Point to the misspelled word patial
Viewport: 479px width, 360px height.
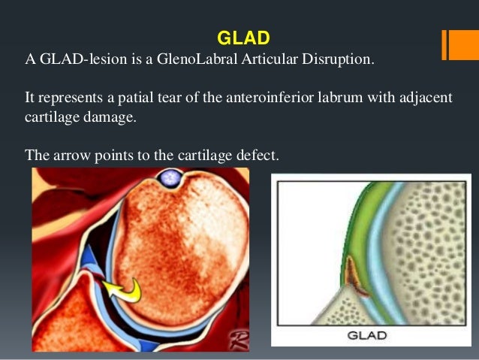(x=125, y=100)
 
